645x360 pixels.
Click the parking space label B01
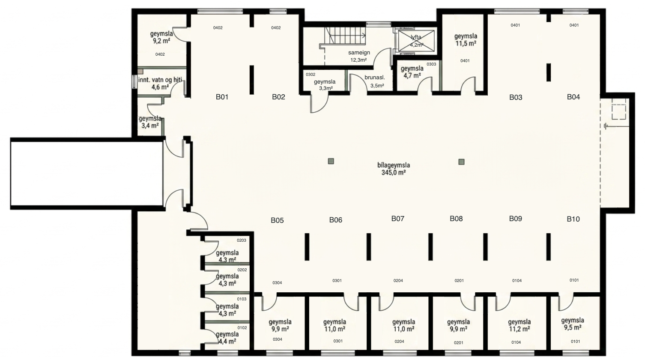(222, 97)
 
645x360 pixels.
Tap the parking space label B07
(397, 219)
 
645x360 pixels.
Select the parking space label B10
(573, 219)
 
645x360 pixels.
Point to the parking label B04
(573, 97)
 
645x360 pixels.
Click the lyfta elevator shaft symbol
(416, 41)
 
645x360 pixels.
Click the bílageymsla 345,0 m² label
(394, 169)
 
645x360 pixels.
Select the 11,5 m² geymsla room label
(466, 40)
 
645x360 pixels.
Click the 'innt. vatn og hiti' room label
(160, 83)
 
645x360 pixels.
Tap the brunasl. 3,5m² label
(375, 81)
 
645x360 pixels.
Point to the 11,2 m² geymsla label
(520, 325)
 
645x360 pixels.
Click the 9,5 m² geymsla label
(573, 324)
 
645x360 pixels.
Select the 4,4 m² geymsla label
(227, 338)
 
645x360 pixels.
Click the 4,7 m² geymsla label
(412, 72)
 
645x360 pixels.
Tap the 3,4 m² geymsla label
(150, 122)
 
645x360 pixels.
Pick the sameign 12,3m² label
(359, 57)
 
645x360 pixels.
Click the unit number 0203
(242, 240)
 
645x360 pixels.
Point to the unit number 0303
(431, 64)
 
